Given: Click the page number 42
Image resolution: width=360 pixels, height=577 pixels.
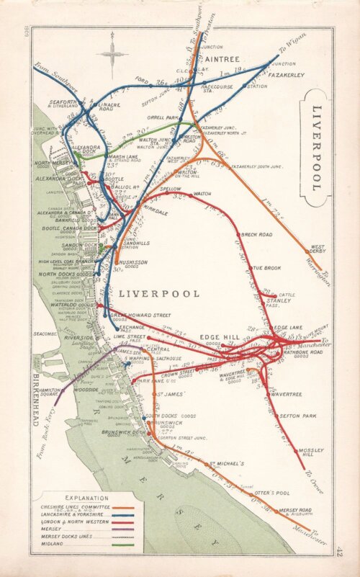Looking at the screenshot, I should coord(339,551).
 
